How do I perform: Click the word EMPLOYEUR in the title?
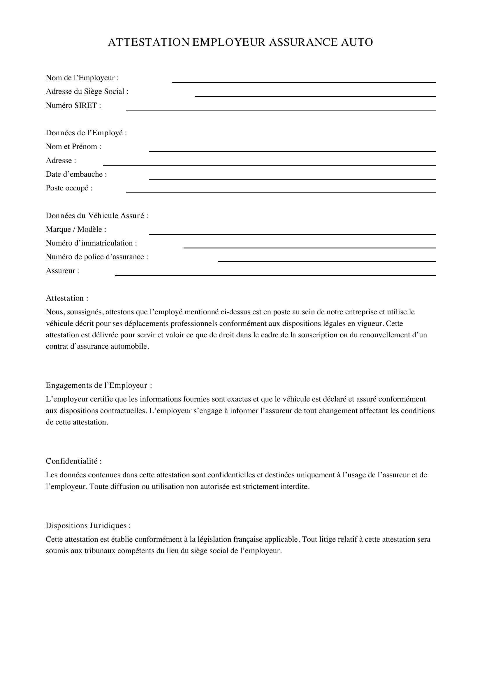coord(228,42)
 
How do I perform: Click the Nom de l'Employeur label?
coord(82,78)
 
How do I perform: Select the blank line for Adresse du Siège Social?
coord(315,96)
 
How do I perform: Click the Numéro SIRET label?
coord(73,106)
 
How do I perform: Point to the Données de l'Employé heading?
coord(86,133)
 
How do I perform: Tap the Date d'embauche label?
coord(76,174)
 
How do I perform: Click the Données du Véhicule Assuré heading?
coord(97,216)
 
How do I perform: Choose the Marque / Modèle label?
coord(76,229)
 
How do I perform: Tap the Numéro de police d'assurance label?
coord(97,257)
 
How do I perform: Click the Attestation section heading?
coord(67,298)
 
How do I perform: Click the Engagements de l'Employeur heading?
coord(98,385)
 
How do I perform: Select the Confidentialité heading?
coord(74,461)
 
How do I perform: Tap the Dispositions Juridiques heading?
coord(88,525)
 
